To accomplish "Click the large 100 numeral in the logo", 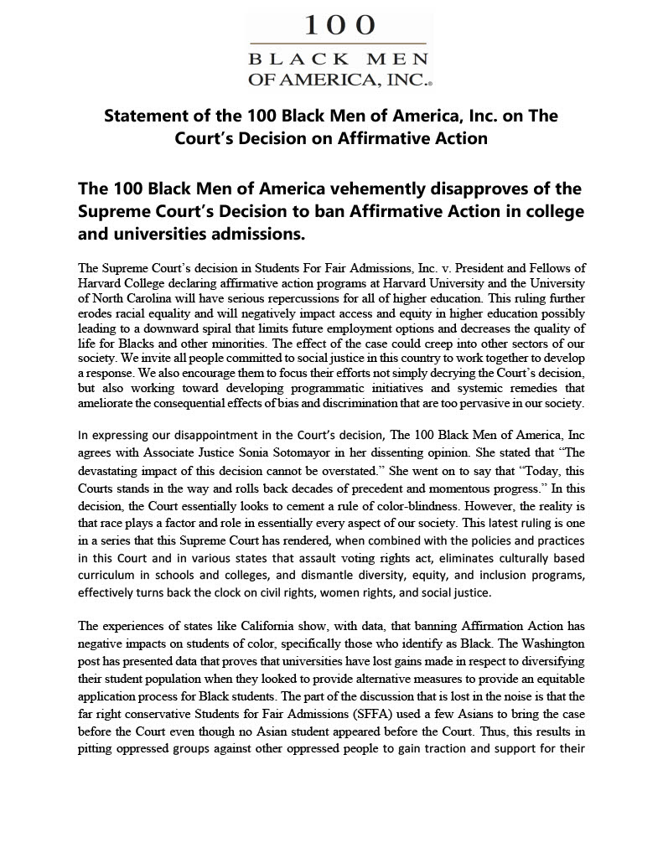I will tap(339, 25).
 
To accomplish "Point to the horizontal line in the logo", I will tap(339, 44).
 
